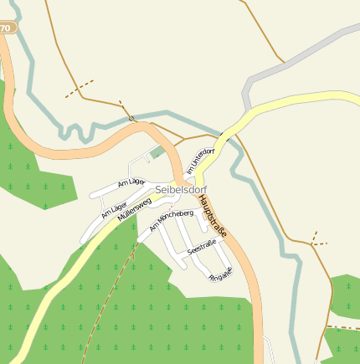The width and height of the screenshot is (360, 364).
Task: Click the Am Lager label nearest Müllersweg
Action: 113,210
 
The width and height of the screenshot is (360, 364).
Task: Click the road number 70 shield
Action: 6,28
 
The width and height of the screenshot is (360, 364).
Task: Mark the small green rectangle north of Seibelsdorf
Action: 157,152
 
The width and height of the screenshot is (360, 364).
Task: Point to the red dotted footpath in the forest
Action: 117,285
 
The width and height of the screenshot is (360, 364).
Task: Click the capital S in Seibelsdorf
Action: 158,190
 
